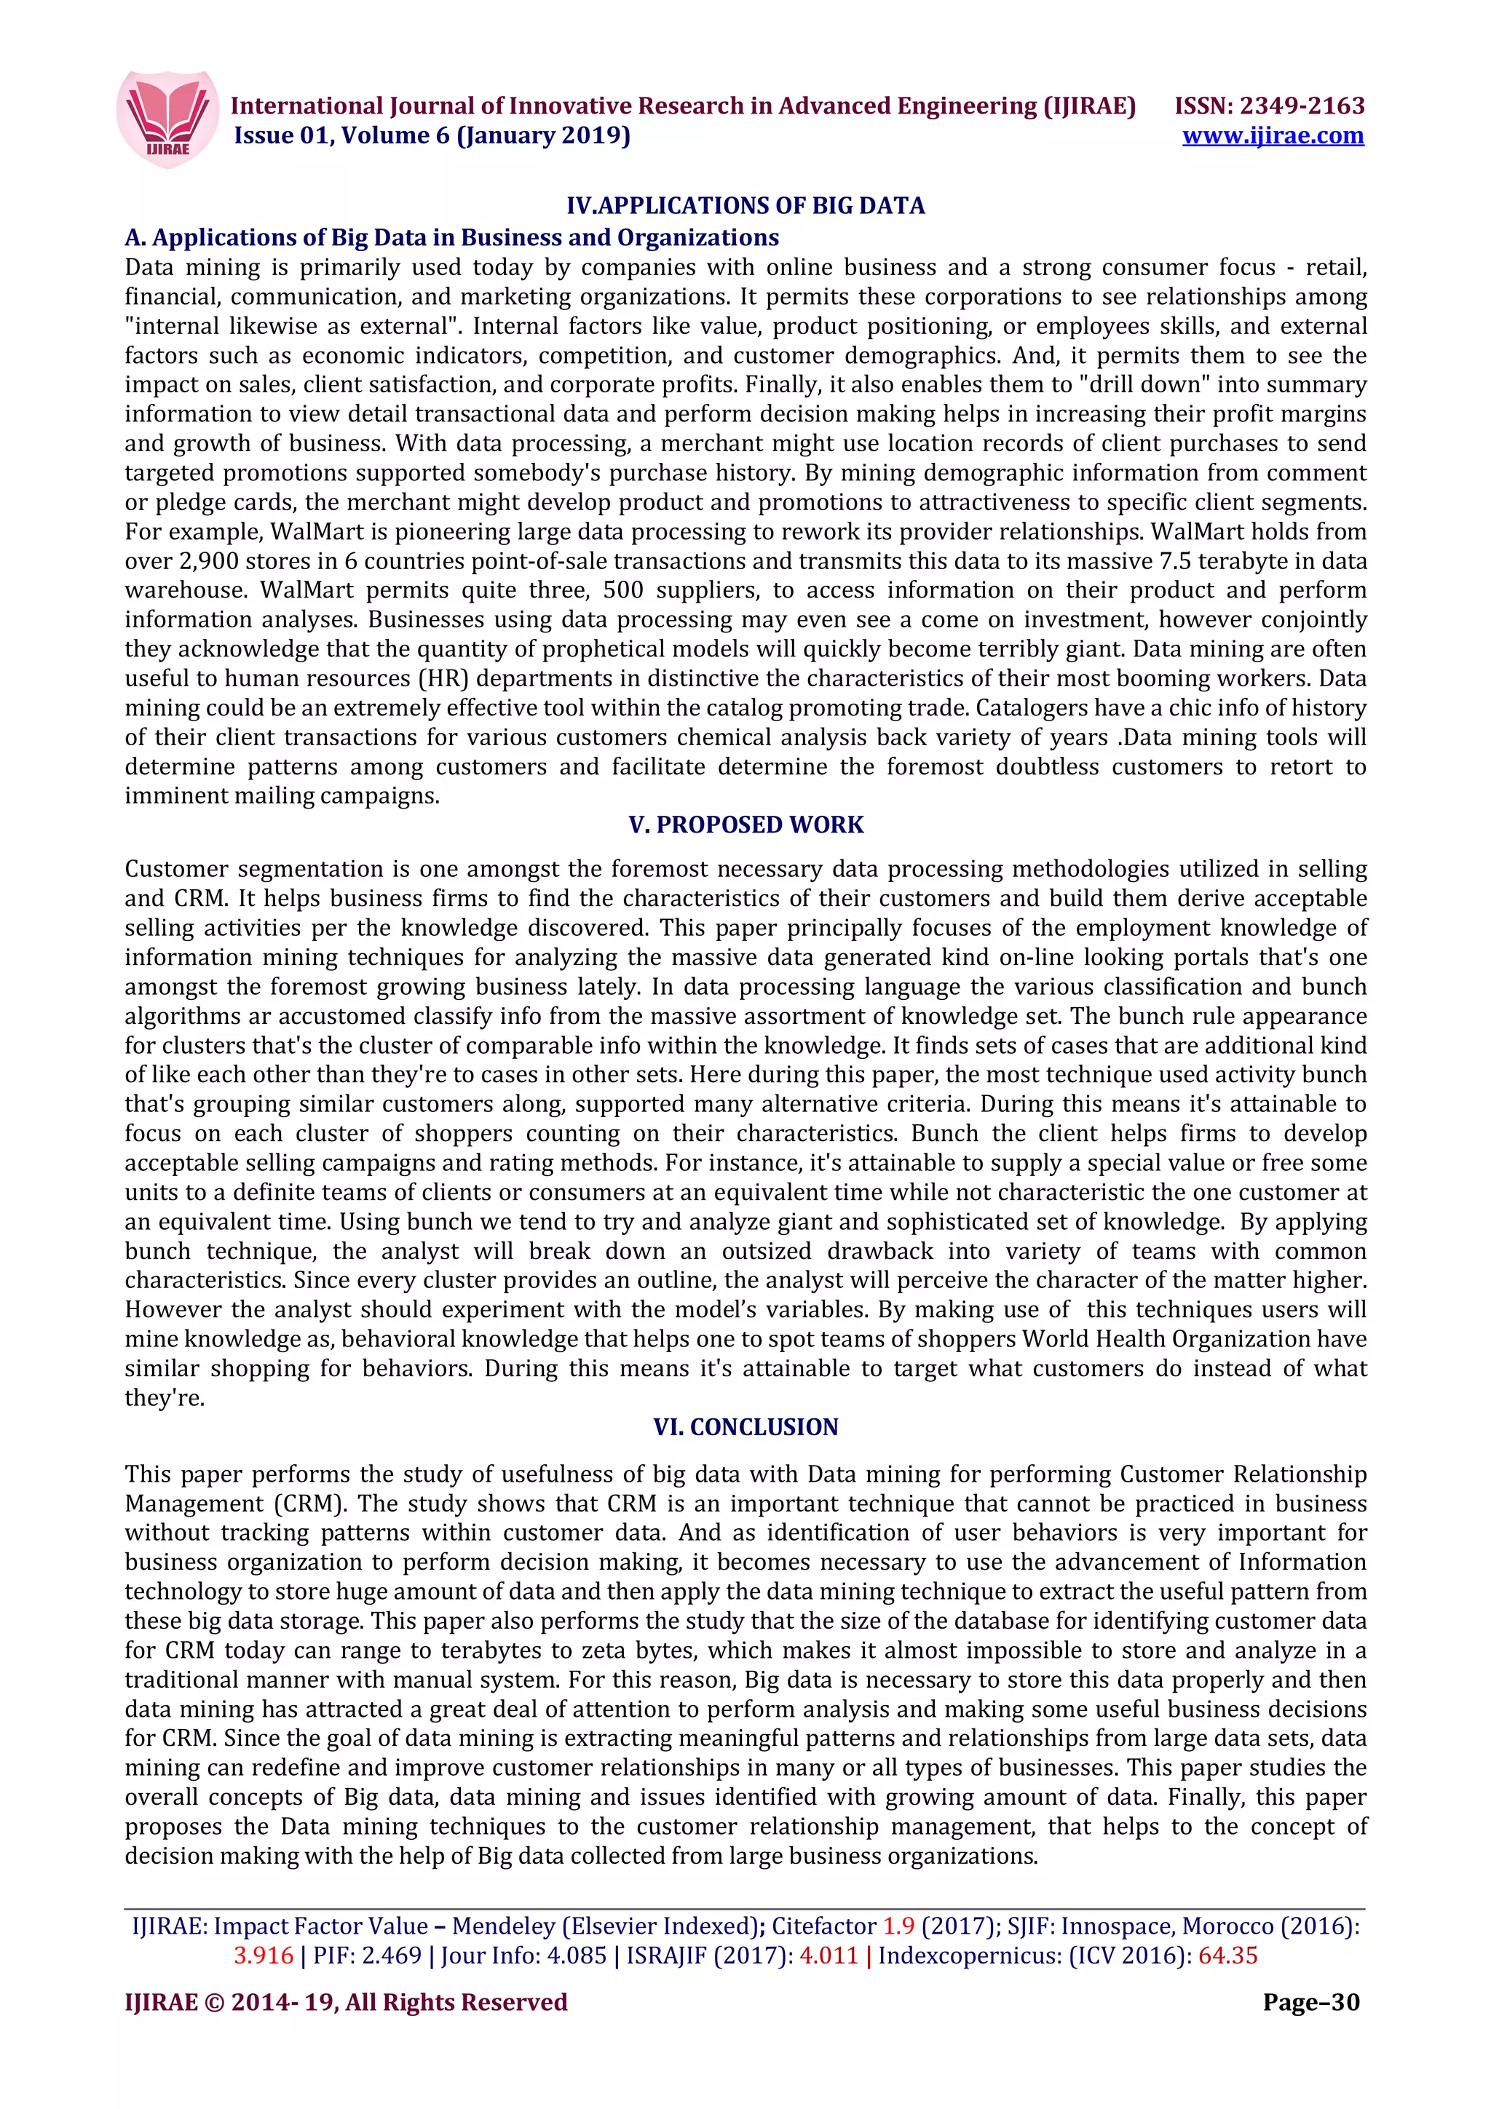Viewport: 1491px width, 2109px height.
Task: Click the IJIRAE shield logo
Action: [168, 119]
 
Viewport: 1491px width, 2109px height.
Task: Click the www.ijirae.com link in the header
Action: [1273, 136]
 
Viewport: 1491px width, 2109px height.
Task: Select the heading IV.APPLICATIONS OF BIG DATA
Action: [745, 206]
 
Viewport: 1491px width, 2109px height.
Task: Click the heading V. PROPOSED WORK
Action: [745, 825]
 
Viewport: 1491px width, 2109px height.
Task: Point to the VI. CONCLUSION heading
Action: [745, 1426]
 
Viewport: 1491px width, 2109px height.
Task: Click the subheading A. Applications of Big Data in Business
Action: [451, 238]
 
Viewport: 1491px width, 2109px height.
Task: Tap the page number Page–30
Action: [1311, 2003]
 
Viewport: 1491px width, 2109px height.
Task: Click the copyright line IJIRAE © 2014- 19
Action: [345, 2003]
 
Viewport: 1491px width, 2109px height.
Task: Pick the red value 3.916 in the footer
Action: [264, 1955]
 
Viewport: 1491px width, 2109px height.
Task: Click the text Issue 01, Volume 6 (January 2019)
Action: [432, 136]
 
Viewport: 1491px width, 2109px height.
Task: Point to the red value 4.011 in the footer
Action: [828, 1955]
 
